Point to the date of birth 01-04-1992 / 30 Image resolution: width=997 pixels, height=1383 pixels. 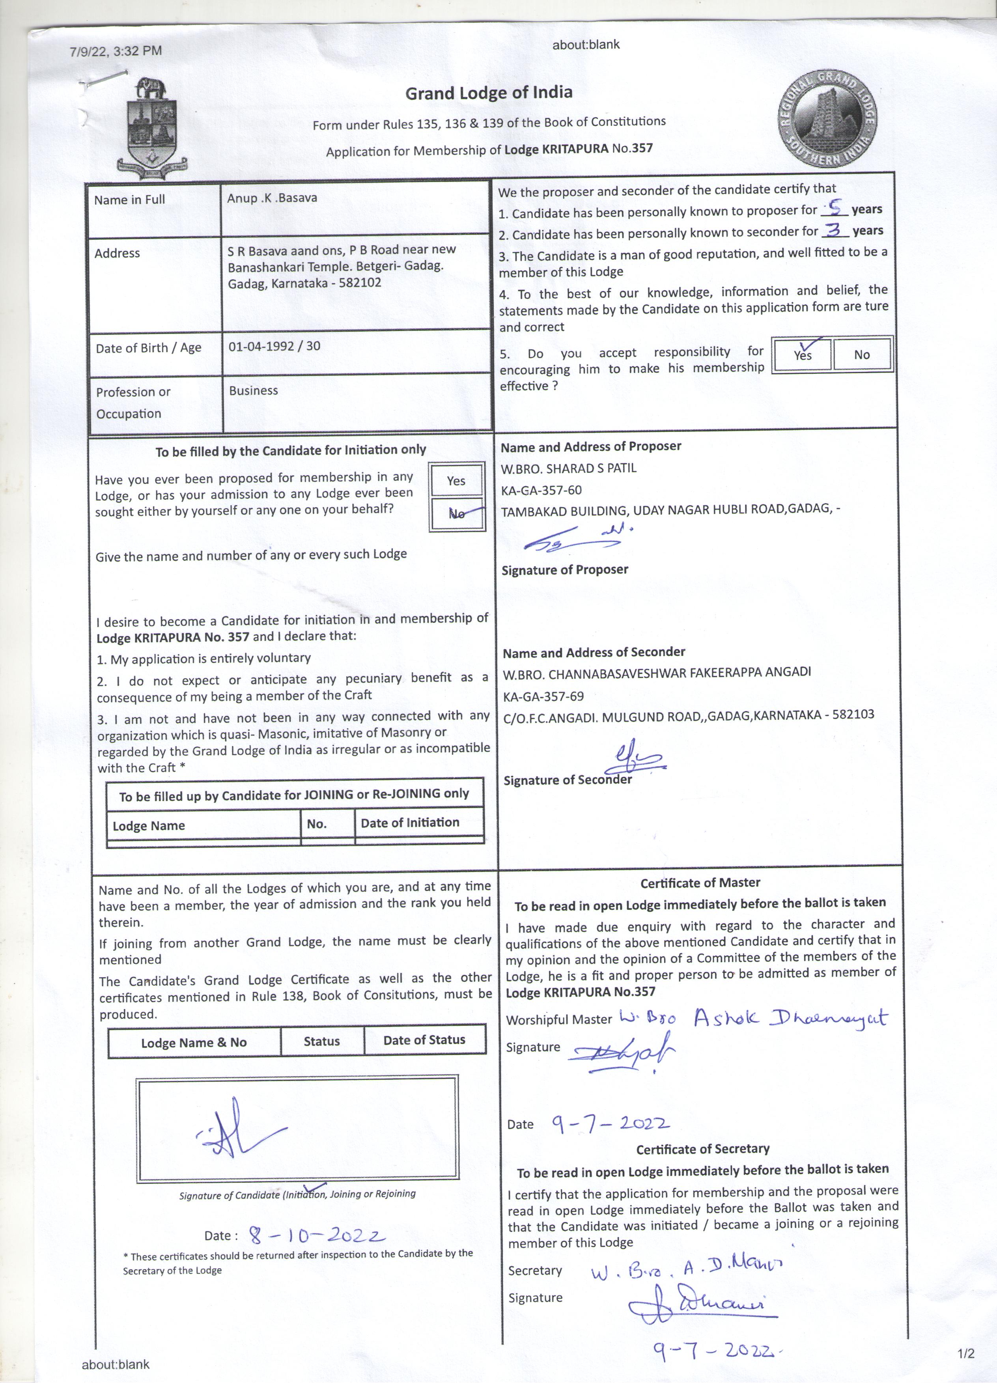coord(274,346)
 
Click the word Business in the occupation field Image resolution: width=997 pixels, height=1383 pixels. coord(254,391)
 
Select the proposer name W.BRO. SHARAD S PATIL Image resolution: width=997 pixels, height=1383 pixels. coord(568,468)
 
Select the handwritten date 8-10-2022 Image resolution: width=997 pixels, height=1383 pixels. coord(316,1236)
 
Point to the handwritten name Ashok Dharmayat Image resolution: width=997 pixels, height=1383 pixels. coord(790,1017)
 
